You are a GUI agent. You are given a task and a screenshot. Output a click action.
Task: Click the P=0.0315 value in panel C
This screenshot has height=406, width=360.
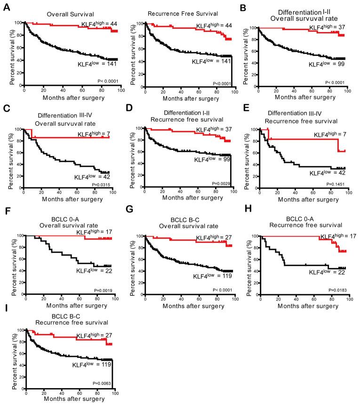pyautogui.click(x=103, y=191)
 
